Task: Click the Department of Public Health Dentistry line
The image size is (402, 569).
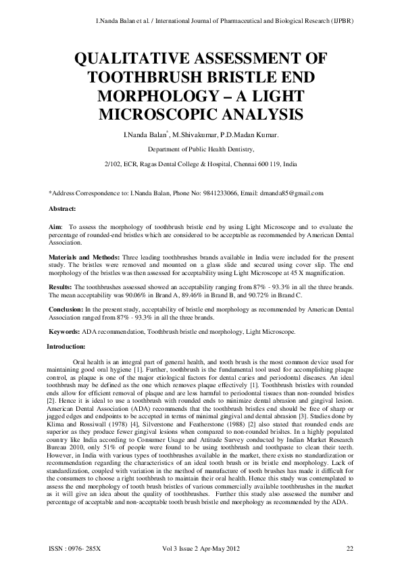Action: pos(200,149)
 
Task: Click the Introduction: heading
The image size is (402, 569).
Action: pos(67,346)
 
